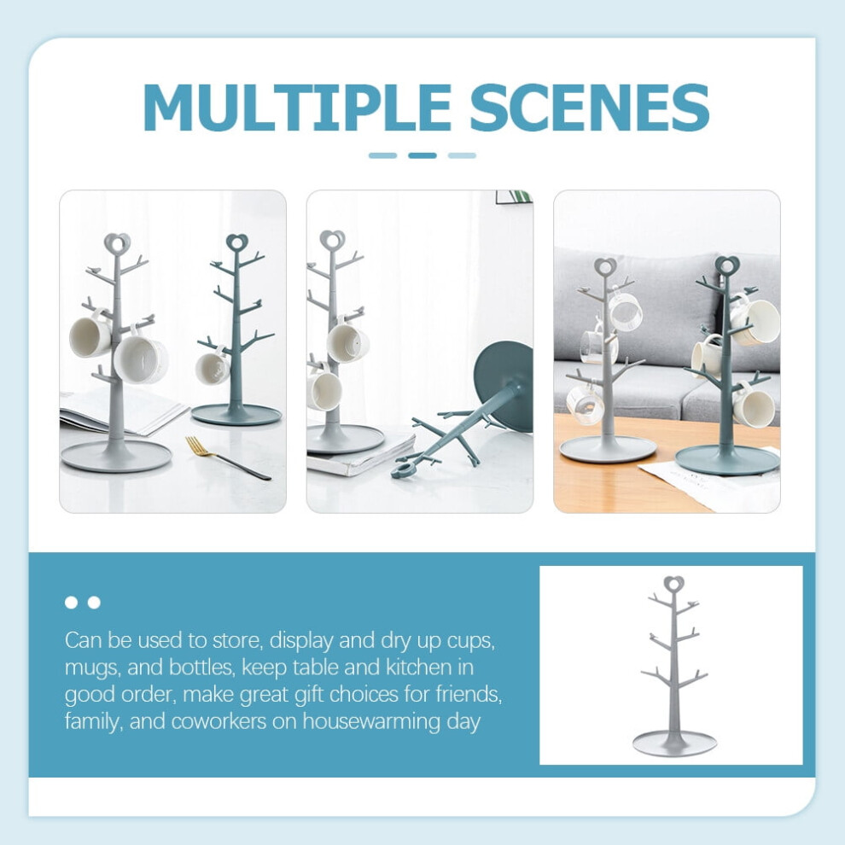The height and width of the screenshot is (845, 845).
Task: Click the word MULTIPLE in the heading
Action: point(297,108)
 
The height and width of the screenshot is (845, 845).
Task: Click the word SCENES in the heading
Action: point(590,108)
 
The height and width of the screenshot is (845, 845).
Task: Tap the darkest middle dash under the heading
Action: point(422,155)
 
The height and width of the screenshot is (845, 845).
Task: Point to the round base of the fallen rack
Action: point(504,385)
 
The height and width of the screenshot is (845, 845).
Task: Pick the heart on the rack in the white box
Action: point(673,585)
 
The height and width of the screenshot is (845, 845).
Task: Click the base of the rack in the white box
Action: point(674,744)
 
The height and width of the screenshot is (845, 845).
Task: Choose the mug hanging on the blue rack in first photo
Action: point(213,368)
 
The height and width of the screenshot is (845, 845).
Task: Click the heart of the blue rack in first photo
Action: point(237,242)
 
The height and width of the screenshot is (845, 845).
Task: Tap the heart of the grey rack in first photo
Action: point(117,243)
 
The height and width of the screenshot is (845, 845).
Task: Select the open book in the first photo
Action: point(121,411)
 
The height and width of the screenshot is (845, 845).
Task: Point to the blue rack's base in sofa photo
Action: point(727,460)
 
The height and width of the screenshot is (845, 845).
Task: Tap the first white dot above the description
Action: point(71,602)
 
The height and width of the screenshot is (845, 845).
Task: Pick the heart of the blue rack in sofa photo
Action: point(727,265)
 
